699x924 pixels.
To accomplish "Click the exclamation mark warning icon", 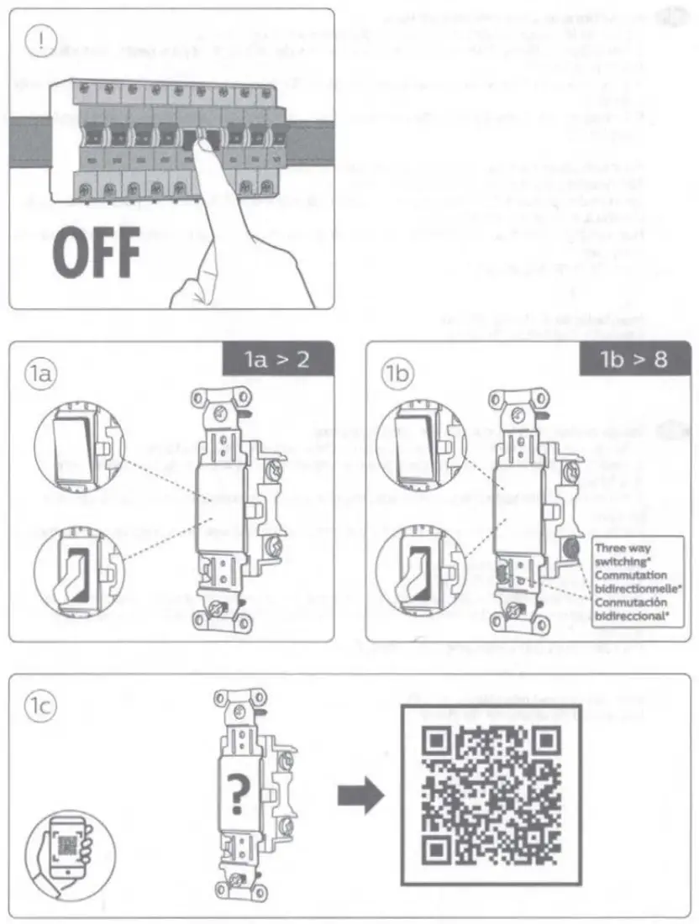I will point(39,41).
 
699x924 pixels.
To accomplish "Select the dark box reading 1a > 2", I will point(277,360).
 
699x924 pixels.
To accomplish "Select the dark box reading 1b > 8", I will point(634,360).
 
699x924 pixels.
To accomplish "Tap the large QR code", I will point(490,793).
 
